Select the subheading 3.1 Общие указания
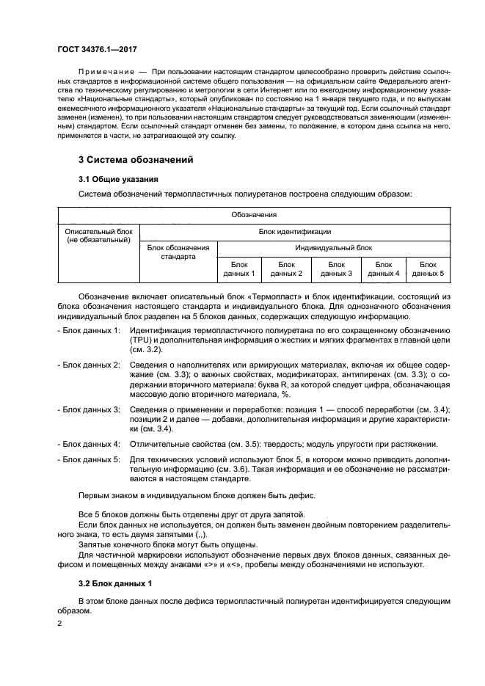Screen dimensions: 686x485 click(x=114, y=178)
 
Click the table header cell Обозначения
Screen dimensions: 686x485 click(x=254, y=215)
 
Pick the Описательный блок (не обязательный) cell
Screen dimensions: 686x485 click(x=98, y=236)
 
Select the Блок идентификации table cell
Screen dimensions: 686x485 click(x=294, y=231)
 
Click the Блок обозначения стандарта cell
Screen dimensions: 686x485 click(x=178, y=252)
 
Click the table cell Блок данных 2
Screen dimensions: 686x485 click(x=287, y=269)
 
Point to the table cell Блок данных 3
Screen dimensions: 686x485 click(x=336, y=269)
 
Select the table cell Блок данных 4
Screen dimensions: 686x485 click(x=384, y=269)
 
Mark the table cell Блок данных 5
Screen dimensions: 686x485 click(x=429, y=269)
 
